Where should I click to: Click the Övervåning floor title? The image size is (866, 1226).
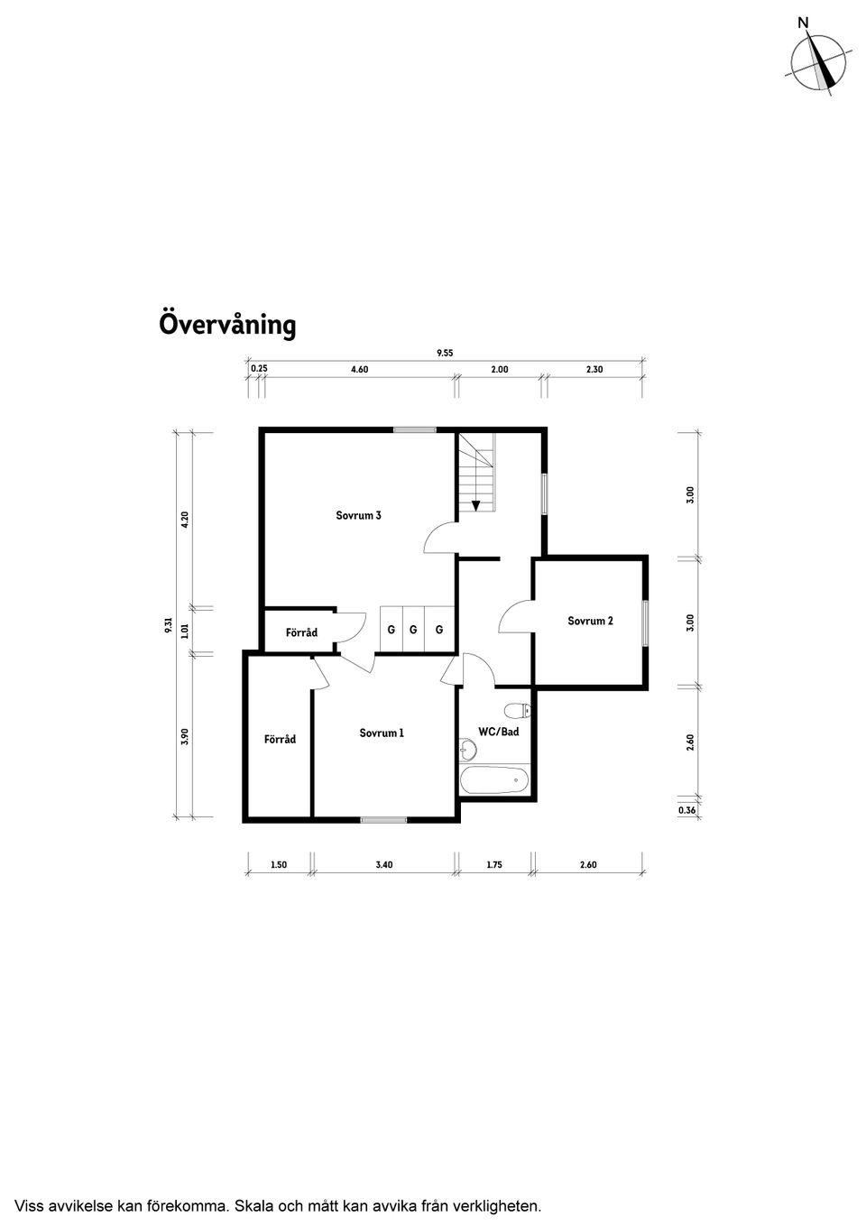point(227,324)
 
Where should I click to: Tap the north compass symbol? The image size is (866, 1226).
point(818,62)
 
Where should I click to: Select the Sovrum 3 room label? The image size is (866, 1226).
point(358,516)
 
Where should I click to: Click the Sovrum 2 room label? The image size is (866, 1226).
point(590,621)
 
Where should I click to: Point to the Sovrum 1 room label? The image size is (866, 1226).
point(382,733)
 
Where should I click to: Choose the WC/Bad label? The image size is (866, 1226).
point(498,732)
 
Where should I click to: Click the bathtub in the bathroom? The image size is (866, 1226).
point(494,780)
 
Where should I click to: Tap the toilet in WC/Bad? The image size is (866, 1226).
point(517,707)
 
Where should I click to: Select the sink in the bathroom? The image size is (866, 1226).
point(467,749)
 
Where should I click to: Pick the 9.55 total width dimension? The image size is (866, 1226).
point(445,354)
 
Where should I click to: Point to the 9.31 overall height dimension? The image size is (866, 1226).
point(169,624)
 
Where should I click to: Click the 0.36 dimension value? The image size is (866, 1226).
point(686,811)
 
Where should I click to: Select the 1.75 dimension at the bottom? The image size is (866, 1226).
point(493,864)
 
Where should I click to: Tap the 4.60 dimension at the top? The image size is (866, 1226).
point(358,370)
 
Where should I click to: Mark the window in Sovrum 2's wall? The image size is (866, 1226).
point(645,622)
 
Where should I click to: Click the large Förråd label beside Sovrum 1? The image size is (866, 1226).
point(280,739)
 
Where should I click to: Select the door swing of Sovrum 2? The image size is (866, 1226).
point(514,617)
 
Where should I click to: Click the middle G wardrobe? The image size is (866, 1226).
point(413,629)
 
